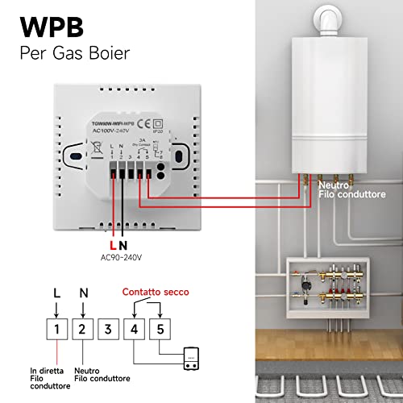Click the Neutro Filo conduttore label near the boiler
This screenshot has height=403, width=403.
tap(354, 190)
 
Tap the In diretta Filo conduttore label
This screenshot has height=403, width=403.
tap(56, 373)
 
